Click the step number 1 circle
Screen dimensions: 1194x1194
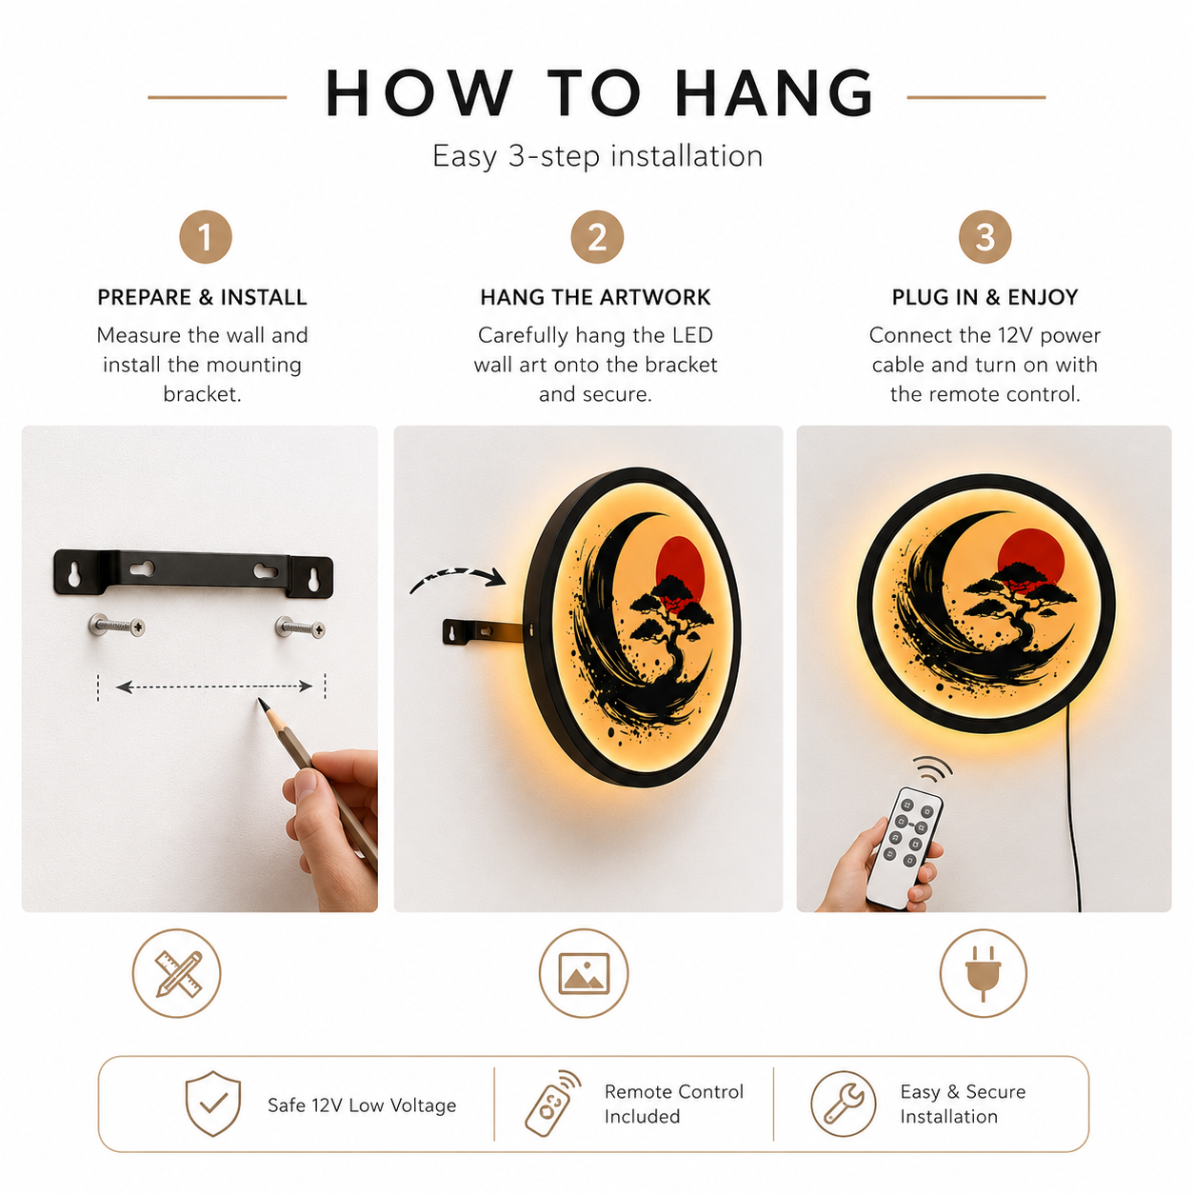pos(205,237)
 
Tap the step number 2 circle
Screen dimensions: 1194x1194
pos(596,237)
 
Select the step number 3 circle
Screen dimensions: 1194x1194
pos(984,237)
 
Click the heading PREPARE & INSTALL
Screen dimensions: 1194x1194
pos(202,297)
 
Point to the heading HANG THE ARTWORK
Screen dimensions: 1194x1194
pos(595,297)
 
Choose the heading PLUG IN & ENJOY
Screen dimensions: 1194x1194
pos(985,297)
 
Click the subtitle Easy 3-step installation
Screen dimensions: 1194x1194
pos(597,156)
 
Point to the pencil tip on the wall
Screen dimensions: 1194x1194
pos(261,702)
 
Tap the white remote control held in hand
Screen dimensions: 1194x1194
pos(904,847)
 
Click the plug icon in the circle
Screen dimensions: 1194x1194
pos(983,973)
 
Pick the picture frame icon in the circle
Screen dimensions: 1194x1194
pos(583,973)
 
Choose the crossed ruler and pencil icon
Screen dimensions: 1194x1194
pos(178,973)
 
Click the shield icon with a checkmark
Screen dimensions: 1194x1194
pos(212,1103)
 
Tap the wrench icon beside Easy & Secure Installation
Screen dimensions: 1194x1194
pos(844,1104)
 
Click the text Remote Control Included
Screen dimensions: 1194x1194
pos(673,1104)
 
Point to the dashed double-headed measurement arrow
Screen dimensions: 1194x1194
pos(214,686)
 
